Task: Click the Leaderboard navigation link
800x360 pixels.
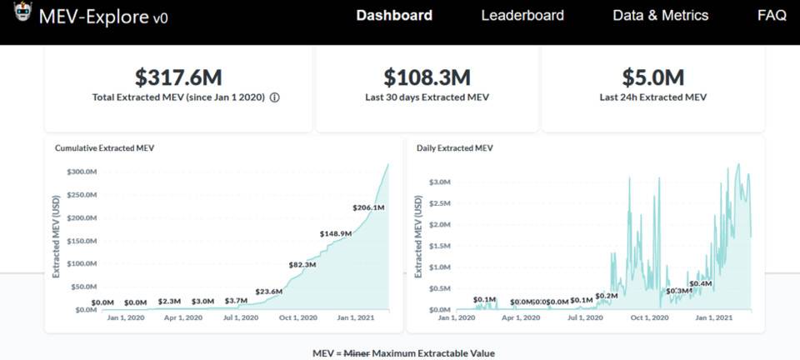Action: click(522, 15)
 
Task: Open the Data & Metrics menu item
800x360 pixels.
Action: click(660, 15)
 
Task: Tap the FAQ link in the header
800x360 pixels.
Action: click(772, 15)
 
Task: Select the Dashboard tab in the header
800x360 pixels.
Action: click(394, 15)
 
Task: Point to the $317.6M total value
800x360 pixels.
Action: click(179, 77)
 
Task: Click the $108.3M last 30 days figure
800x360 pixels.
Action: click(427, 77)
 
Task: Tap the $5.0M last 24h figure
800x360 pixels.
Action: click(652, 77)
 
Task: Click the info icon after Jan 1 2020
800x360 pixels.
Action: click(275, 97)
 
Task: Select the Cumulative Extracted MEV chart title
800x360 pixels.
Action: click(104, 148)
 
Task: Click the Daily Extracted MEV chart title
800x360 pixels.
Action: click(455, 148)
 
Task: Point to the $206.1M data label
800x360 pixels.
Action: click(368, 207)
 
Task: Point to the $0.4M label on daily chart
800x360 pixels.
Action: click(701, 284)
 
